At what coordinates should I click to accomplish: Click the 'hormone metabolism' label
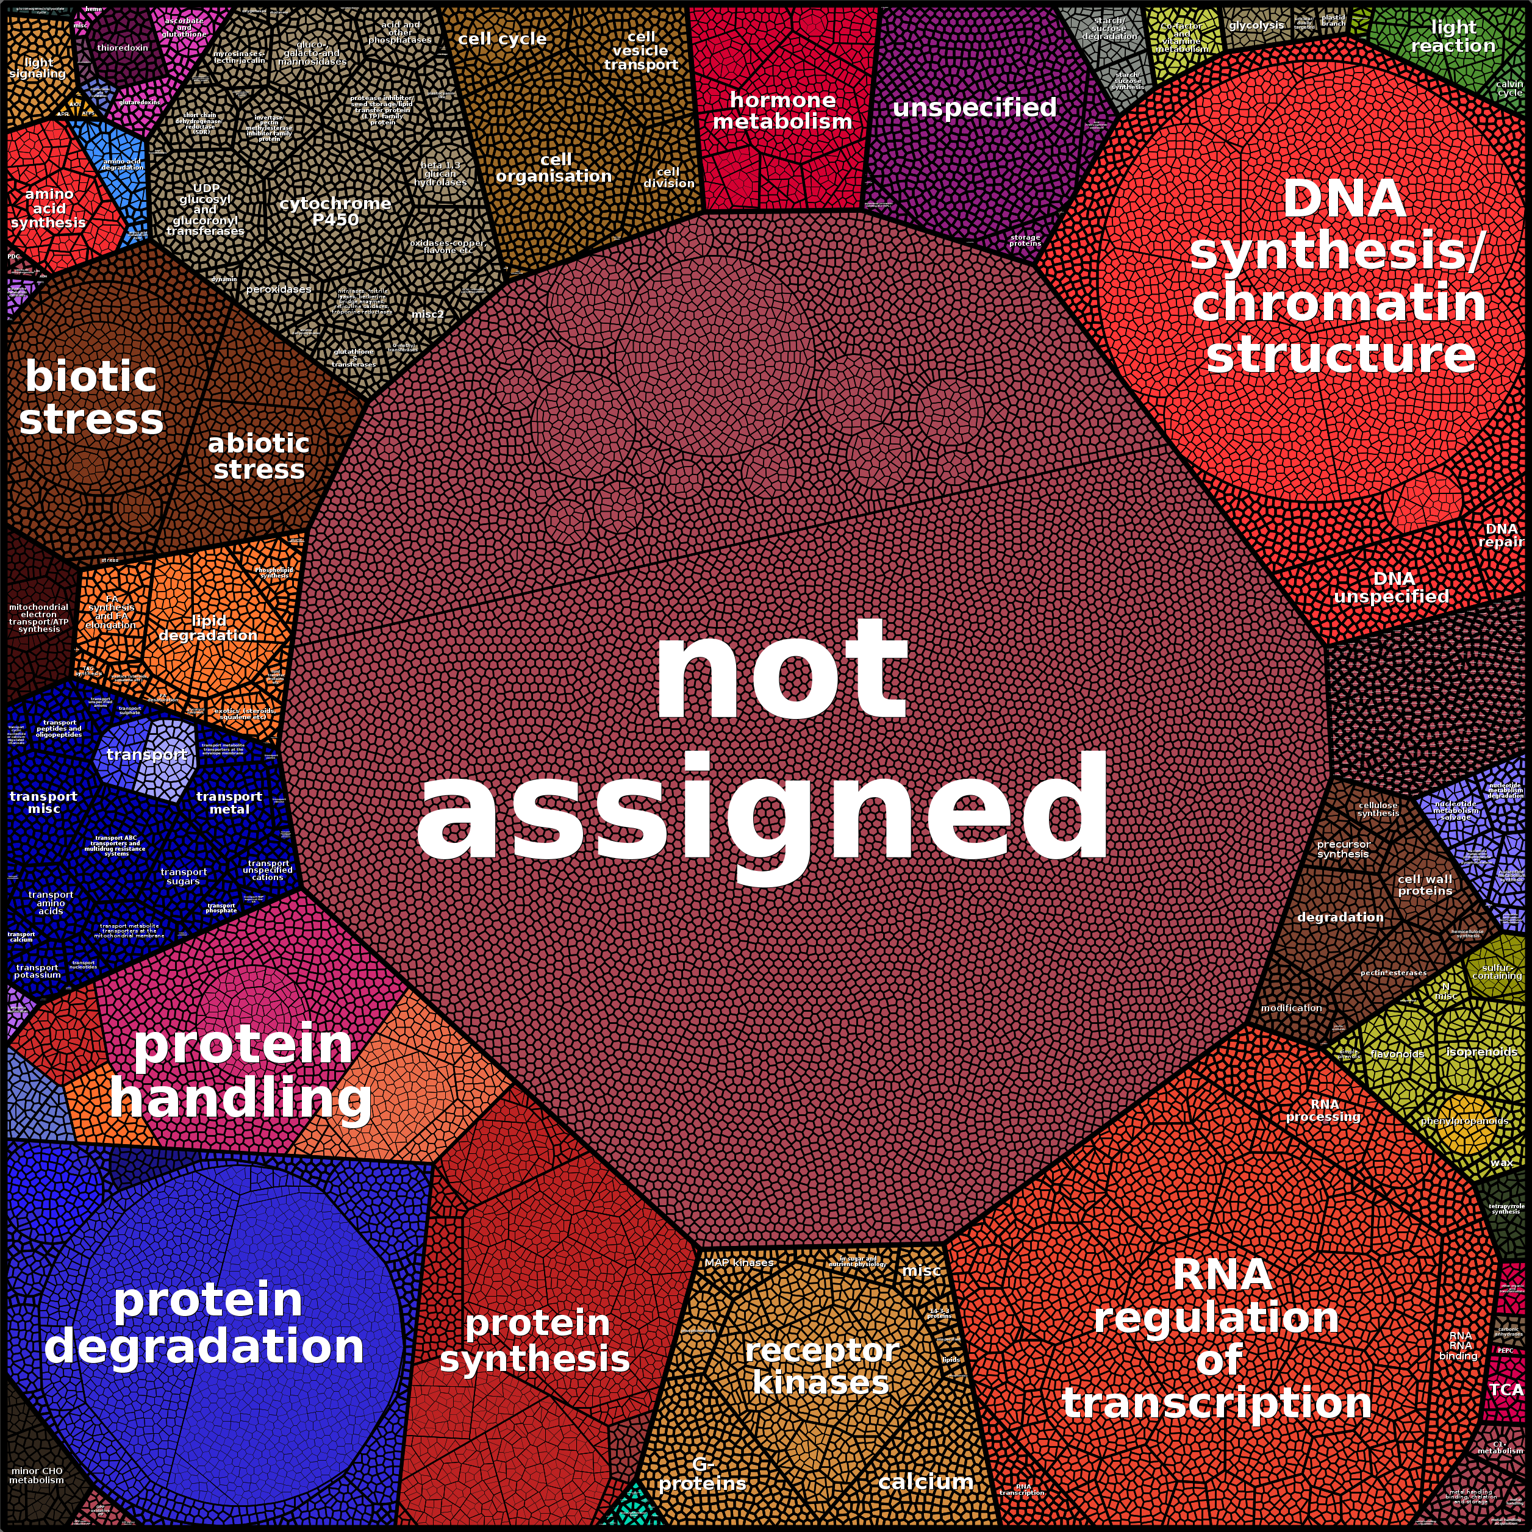click(x=782, y=111)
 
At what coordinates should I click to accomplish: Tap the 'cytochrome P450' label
click(x=335, y=211)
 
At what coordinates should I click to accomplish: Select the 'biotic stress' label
click(x=91, y=398)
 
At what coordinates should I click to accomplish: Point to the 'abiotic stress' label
click(x=259, y=457)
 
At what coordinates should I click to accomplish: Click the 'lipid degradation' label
click(x=208, y=628)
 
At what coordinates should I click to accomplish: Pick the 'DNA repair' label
click(x=1500, y=535)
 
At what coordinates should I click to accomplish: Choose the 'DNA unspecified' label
click(x=1392, y=587)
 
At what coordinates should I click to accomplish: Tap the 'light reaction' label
click(x=1453, y=37)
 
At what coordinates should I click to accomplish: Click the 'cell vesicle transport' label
click(x=641, y=51)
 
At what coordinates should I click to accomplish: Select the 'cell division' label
click(x=668, y=177)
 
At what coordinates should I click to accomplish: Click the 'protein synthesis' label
click(x=536, y=1341)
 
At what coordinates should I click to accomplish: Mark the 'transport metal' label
click(x=229, y=803)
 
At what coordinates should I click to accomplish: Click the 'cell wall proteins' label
click(x=1425, y=885)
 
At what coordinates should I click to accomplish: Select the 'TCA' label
click(x=1505, y=1389)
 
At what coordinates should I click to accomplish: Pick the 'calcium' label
click(x=925, y=1481)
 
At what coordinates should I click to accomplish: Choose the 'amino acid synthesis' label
click(x=48, y=209)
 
